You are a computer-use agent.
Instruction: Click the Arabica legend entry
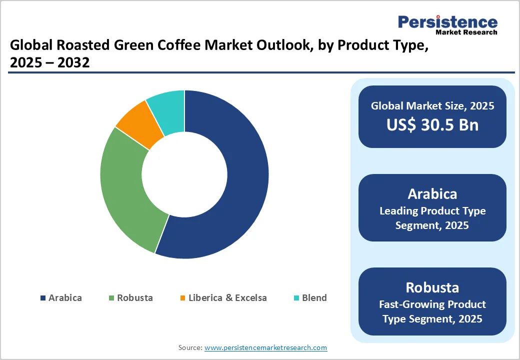click(x=61, y=298)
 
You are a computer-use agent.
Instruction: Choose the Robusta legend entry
click(x=131, y=298)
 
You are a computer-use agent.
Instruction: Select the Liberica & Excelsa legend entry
click(x=223, y=298)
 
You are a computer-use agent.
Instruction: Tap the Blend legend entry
click(x=310, y=298)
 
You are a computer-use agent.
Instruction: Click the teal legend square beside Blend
click(x=296, y=298)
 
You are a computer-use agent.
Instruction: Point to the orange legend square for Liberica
click(x=182, y=298)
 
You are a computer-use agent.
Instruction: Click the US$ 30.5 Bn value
click(x=432, y=125)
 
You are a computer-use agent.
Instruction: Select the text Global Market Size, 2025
click(x=432, y=105)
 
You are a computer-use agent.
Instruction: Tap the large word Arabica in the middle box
click(x=432, y=193)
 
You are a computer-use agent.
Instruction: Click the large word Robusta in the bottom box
click(x=432, y=287)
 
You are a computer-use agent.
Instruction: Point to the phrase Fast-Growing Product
click(x=432, y=304)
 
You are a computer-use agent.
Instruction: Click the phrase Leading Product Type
click(x=432, y=211)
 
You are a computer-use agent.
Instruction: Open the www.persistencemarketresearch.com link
click(x=266, y=347)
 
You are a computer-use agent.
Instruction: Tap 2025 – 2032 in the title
click(x=49, y=63)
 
